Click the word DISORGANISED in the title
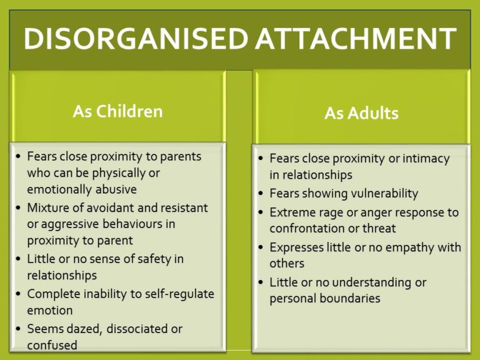(x=136, y=39)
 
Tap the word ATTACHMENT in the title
(x=356, y=39)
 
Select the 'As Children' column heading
(x=118, y=111)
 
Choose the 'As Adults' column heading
(x=361, y=113)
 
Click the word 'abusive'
(x=116, y=189)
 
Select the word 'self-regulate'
(x=179, y=294)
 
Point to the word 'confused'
(x=52, y=345)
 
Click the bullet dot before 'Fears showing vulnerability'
(x=261, y=194)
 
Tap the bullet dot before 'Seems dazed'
(x=18, y=329)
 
